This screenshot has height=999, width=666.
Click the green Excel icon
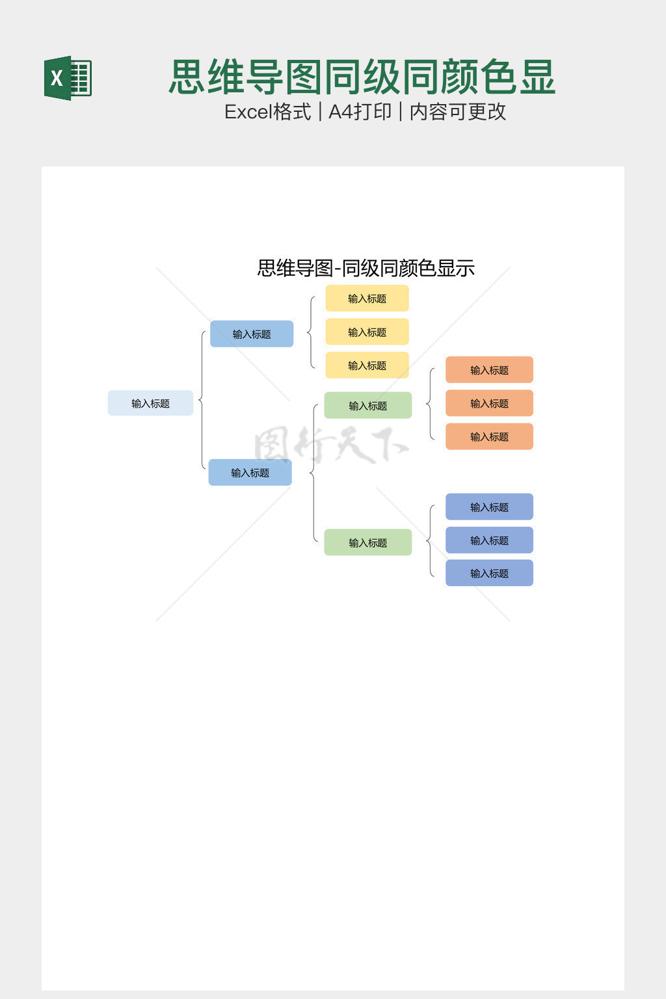(x=68, y=78)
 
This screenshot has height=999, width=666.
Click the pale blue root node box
(x=150, y=403)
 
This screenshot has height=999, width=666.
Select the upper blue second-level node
(x=252, y=334)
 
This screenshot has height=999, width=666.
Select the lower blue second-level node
(x=250, y=472)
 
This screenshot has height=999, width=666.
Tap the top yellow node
(x=367, y=299)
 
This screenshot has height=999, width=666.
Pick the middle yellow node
(x=367, y=332)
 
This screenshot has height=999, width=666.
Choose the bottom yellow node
(x=367, y=366)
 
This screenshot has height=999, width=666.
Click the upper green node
(x=367, y=405)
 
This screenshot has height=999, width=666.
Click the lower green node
(x=367, y=542)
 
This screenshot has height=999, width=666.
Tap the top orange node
(x=489, y=370)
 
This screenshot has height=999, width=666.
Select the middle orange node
(x=489, y=403)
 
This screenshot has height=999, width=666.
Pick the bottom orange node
(x=489, y=436)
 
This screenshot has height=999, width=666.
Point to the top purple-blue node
(x=489, y=507)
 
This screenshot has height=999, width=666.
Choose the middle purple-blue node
(x=489, y=540)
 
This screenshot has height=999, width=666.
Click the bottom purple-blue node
(x=489, y=573)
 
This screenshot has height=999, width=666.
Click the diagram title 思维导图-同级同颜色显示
(x=366, y=268)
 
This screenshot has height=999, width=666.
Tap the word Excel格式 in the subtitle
(x=267, y=112)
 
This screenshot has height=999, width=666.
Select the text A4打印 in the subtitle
(x=360, y=112)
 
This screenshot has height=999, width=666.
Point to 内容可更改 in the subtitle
(x=457, y=112)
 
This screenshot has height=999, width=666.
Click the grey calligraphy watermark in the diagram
(x=330, y=445)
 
